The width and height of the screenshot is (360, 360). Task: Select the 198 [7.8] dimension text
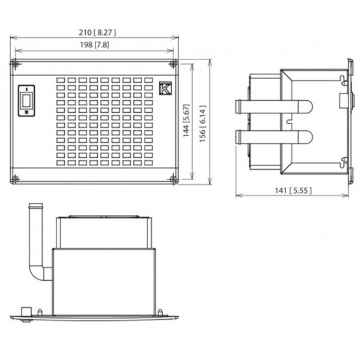tap(93, 44)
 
